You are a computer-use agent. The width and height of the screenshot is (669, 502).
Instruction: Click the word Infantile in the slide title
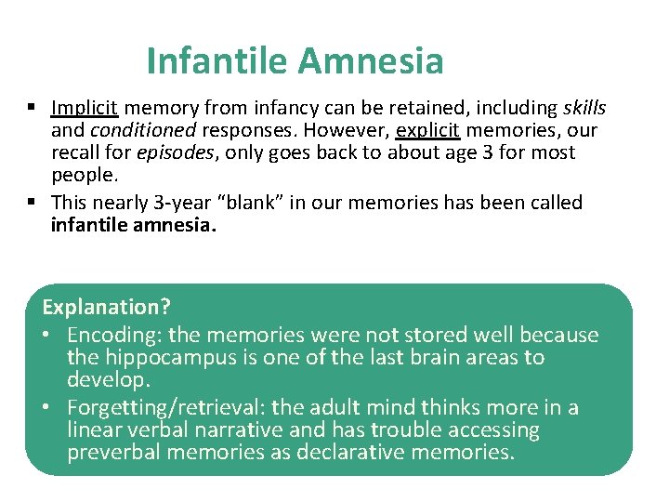[x=218, y=61]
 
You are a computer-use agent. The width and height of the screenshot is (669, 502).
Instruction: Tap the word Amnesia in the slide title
[x=372, y=61]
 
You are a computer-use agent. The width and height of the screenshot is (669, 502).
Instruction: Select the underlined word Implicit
[x=84, y=107]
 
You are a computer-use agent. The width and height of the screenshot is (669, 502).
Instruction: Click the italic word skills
[x=584, y=107]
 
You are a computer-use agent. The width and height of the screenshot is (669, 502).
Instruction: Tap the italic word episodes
[x=176, y=152]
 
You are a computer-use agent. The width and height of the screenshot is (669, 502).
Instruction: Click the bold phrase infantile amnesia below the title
[x=133, y=224]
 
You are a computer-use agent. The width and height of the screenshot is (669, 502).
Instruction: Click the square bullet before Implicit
[x=33, y=108]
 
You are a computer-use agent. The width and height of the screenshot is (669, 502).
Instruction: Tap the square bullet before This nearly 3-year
[x=33, y=203]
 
